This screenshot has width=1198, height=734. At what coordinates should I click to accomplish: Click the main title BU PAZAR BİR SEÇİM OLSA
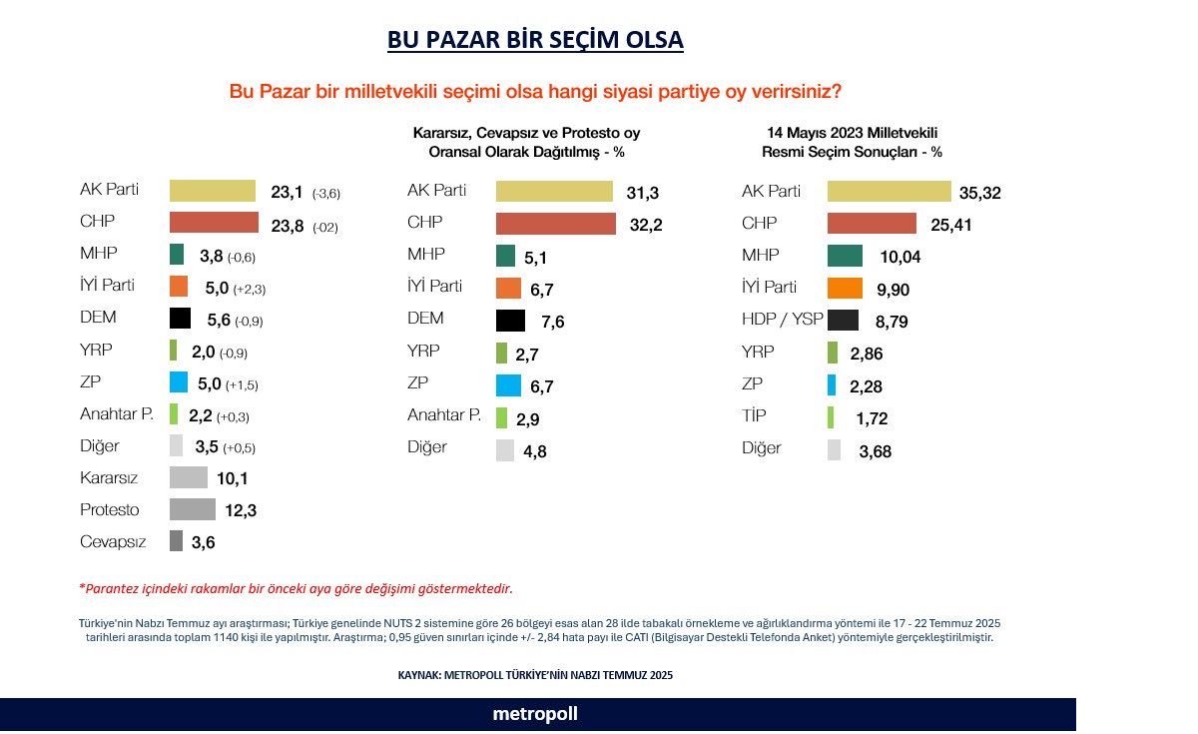click(535, 40)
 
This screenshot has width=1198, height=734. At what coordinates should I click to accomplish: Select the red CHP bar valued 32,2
click(555, 224)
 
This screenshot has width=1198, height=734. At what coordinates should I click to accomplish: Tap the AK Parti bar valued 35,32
click(889, 192)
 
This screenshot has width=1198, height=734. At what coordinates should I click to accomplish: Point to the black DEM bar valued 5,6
click(180, 318)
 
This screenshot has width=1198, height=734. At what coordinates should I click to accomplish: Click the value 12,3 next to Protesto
click(242, 510)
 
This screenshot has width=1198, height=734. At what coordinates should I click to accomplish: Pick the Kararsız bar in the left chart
click(189, 477)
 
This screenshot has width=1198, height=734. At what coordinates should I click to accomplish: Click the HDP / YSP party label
click(782, 320)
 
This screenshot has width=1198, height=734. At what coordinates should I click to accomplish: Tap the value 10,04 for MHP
click(899, 257)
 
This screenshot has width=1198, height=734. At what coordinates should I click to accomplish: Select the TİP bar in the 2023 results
click(831, 417)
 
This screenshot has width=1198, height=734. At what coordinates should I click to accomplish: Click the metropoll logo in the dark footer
click(535, 714)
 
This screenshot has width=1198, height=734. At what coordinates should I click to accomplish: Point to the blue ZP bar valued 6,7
click(509, 384)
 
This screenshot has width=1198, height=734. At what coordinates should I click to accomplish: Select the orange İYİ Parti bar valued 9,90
click(845, 288)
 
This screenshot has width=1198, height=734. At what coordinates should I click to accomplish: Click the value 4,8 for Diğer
click(535, 450)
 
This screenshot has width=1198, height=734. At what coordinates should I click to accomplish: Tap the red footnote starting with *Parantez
click(296, 588)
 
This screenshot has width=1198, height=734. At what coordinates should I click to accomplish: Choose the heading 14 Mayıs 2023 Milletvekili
click(852, 133)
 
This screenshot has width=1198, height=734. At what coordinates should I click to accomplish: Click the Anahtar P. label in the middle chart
click(444, 414)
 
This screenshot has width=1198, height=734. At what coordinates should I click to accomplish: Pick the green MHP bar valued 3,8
click(177, 255)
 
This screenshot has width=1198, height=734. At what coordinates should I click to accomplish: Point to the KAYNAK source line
click(535, 675)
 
